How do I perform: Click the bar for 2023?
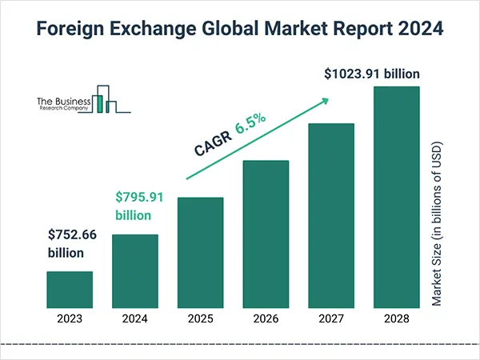[70, 289]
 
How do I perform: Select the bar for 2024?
[134, 270]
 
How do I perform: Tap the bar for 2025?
[200, 252]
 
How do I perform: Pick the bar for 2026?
[266, 234]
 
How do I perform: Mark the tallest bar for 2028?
[397, 197]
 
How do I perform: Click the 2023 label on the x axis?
[70, 318]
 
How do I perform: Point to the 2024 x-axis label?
[134, 318]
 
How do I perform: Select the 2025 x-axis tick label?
[200, 318]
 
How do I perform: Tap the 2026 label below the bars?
[266, 318]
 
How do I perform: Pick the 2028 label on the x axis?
[397, 318]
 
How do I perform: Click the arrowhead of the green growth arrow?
[324, 101]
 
